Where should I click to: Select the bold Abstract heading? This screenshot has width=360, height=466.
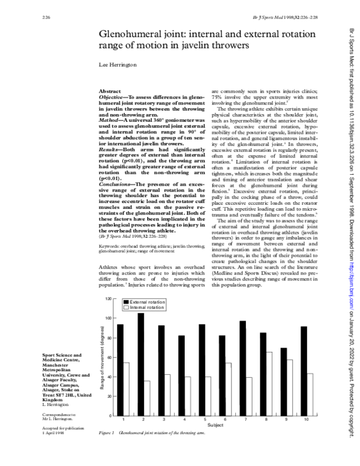(110, 89)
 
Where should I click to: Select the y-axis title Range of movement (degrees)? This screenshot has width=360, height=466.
(102, 357)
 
